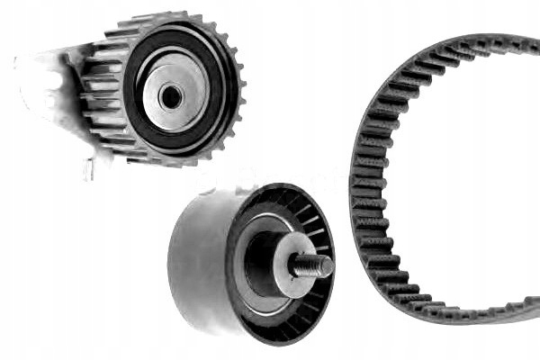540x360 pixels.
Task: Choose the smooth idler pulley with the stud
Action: coord(252,265)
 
